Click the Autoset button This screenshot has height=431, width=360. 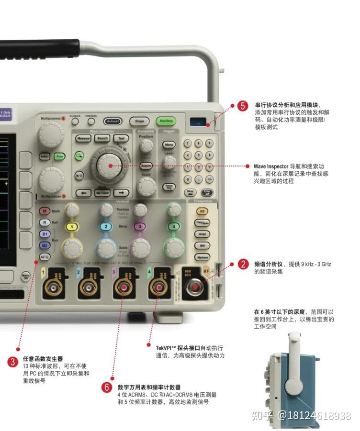[113, 122]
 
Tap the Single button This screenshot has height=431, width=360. [139, 122]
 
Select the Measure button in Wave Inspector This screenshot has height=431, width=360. [83, 138]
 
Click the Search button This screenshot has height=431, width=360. [102, 138]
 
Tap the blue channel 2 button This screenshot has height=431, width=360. [106, 227]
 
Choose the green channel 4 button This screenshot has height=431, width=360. [174, 226]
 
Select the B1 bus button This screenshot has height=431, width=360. [45, 234]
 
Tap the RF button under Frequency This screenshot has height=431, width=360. [202, 211]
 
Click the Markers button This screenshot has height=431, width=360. [202, 257]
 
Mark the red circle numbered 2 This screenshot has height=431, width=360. [244, 264]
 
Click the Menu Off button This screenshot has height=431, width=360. [26, 276]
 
